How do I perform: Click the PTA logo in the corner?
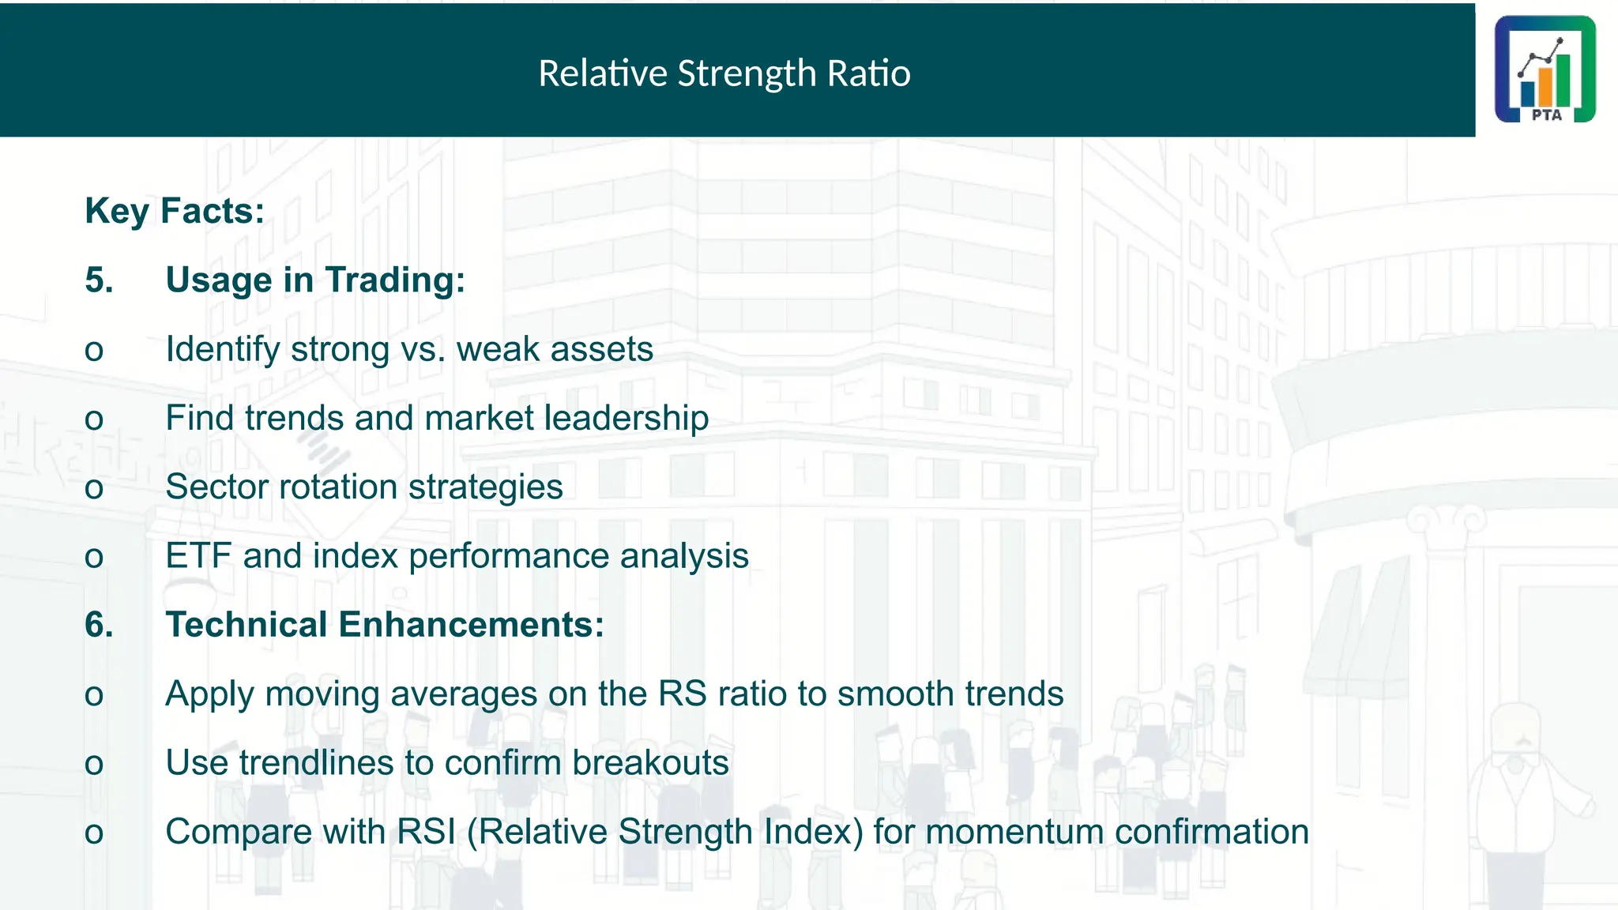[x=1545, y=70]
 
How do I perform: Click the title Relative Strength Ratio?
[x=724, y=73]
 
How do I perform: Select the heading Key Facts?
[x=175, y=212]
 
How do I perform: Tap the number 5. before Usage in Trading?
[x=99, y=280]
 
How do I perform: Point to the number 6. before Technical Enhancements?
[x=99, y=625]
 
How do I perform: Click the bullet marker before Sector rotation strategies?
[x=94, y=488]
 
